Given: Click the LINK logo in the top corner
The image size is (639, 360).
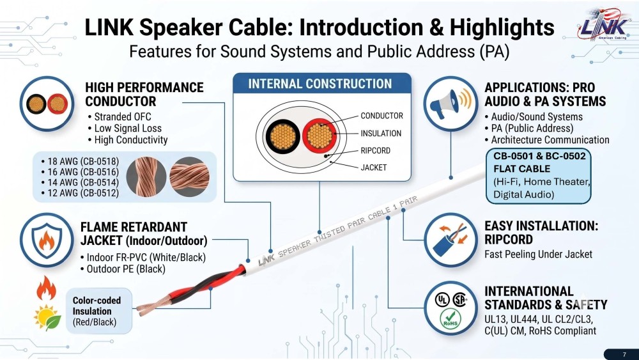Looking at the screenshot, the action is point(604,25).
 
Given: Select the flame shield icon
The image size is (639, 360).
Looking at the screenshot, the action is point(47,240).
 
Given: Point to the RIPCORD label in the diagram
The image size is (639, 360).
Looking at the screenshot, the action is point(375,150).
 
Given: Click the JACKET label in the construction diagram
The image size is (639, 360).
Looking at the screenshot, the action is point(374,167).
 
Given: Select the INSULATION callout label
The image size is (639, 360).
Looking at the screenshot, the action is point(381,133).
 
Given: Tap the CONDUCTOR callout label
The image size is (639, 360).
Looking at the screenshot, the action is point(382,116).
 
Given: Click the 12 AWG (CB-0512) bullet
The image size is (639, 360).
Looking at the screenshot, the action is point(80,193).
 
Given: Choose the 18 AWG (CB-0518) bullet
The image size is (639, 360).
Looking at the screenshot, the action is point(80,161).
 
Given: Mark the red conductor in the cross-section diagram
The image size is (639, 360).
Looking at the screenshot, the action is point(319,136).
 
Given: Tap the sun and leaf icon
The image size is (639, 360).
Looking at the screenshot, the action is point(47,317).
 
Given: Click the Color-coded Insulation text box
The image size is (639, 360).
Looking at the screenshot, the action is point(99,311).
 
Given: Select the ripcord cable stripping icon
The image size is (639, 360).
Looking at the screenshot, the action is point(450,240).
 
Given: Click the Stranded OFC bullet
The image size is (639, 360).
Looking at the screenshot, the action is point(119,117).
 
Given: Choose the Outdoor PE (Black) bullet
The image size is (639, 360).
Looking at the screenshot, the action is point(123,269).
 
